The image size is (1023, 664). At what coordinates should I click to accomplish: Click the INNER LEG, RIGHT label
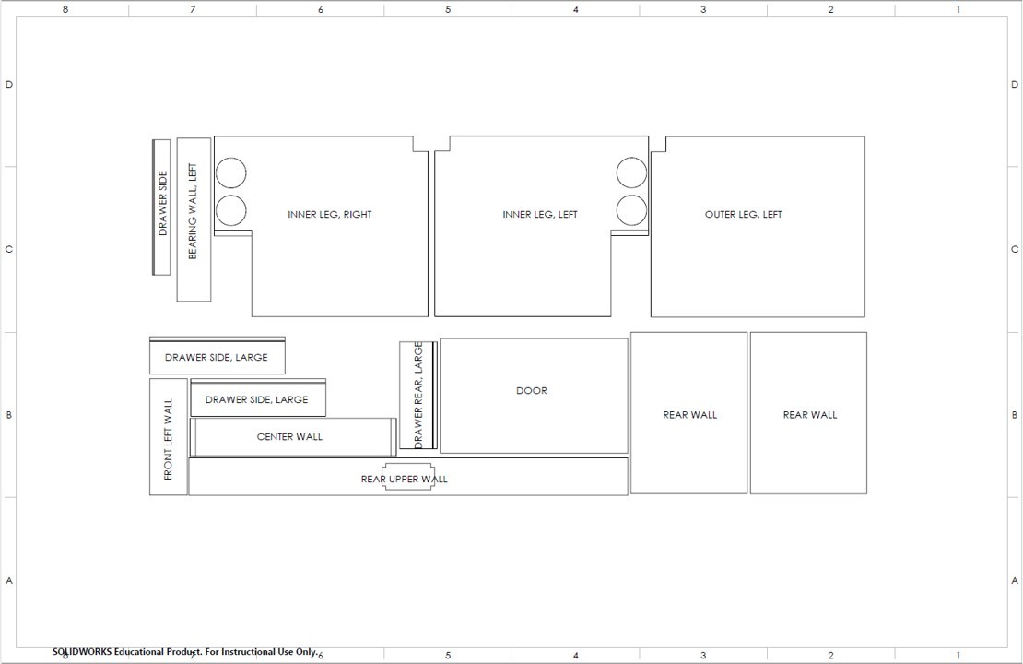(x=330, y=215)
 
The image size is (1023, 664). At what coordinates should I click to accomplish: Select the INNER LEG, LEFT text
(x=540, y=215)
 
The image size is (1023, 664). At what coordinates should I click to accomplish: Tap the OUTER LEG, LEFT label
(x=743, y=215)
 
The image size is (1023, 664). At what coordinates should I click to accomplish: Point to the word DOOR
(x=532, y=391)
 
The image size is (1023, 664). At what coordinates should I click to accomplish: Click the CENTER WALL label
(x=289, y=437)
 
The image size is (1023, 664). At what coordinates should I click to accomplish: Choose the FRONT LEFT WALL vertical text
(x=168, y=439)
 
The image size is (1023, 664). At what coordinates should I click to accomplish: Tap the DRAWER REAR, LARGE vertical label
(x=418, y=395)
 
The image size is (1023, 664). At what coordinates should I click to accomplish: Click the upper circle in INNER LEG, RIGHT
(x=230, y=172)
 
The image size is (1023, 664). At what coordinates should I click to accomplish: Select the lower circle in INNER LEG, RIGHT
(x=230, y=210)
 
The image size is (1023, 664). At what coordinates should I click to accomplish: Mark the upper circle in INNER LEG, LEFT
(x=632, y=172)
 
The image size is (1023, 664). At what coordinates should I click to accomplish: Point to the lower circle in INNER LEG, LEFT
(x=632, y=210)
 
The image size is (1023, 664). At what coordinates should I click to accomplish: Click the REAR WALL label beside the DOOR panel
(x=689, y=415)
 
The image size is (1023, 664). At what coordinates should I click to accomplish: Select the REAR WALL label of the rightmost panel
(x=810, y=415)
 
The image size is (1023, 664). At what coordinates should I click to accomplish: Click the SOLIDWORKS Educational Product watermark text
(x=184, y=652)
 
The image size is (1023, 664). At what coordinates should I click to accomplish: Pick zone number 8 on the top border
(x=65, y=9)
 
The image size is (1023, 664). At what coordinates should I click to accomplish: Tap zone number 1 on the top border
(x=958, y=9)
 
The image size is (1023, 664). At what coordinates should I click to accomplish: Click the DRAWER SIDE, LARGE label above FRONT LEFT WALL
(x=216, y=358)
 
